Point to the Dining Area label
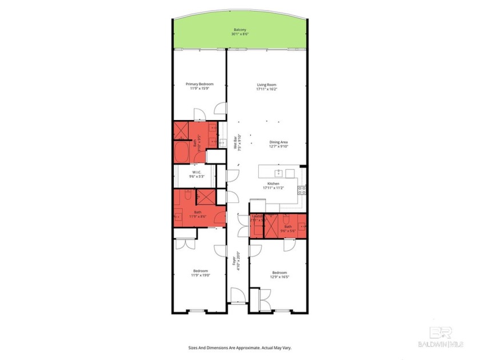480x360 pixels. (x=278, y=142)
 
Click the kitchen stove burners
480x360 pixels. (x=302, y=190)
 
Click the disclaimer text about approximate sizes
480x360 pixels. (x=240, y=347)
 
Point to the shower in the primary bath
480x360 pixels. (x=181, y=130)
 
